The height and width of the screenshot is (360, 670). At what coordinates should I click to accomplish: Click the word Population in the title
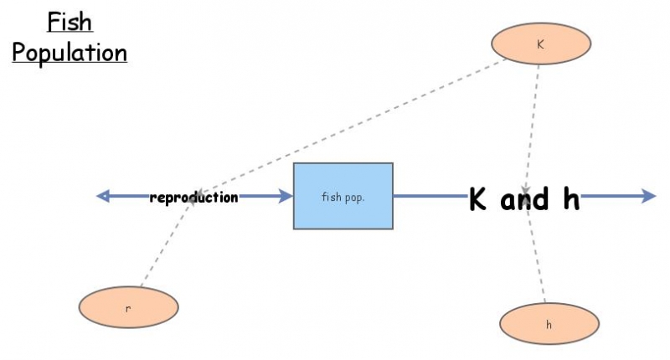pos(70,52)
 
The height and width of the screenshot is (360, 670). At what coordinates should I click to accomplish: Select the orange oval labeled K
pos(540,44)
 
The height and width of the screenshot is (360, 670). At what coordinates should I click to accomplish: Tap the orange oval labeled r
pos(128,307)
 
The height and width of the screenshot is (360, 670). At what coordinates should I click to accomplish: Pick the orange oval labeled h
pos(549,323)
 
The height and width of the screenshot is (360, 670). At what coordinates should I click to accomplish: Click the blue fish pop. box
pos(343,196)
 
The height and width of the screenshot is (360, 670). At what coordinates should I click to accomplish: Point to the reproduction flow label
pos(193,198)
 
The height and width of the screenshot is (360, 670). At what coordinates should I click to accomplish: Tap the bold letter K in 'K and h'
pos(478,199)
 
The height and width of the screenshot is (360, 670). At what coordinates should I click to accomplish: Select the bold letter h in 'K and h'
pos(570,199)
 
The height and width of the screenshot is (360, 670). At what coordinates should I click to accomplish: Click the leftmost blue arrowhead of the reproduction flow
pos(103,196)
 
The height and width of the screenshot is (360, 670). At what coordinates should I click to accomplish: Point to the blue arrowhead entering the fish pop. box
pos(286,196)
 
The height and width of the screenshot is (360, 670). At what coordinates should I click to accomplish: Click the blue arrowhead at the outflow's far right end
pos(649,196)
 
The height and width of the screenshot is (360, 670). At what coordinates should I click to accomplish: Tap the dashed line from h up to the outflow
pos(538,260)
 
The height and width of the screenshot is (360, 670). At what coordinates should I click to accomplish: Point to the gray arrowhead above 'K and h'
pos(526,188)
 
